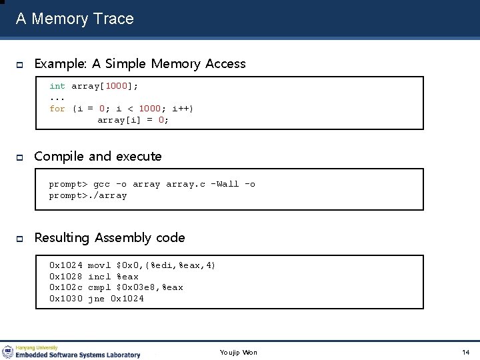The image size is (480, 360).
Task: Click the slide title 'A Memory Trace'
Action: click(75, 19)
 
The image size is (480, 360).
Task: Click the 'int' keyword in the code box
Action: click(57, 86)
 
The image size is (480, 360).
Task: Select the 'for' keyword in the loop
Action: click(57, 109)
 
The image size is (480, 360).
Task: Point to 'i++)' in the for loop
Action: click(183, 109)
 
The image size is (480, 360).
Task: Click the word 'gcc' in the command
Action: click(101, 184)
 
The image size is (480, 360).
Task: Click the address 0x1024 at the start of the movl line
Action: click(65, 265)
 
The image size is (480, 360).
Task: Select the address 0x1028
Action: click(65, 277)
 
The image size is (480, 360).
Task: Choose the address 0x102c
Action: click(65, 287)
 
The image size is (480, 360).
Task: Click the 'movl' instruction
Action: click(99, 265)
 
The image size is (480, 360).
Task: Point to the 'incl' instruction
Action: click(99, 277)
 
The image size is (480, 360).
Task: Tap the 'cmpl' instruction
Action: click(99, 287)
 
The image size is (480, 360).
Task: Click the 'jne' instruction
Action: click(96, 299)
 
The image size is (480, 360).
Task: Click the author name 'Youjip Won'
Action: click(238, 352)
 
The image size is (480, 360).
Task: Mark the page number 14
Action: click(465, 352)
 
